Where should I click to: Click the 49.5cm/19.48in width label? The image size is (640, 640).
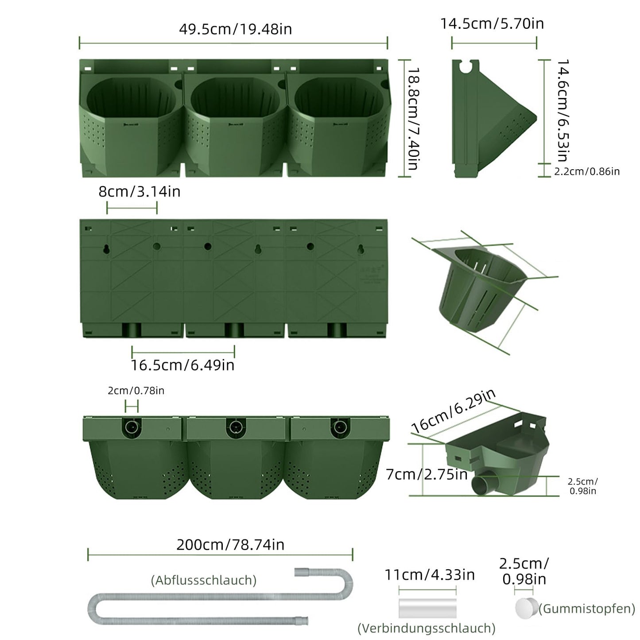[x=235, y=29]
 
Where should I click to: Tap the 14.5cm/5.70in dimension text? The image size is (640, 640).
[x=492, y=23]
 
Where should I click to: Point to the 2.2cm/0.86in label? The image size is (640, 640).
[x=587, y=171]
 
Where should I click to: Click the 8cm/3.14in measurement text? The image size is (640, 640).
[x=139, y=192]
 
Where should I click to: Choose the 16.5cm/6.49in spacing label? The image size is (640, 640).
[x=182, y=365]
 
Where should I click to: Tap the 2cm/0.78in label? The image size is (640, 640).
[x=136, y=391]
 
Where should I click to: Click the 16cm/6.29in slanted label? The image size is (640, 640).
[x=454, y=411]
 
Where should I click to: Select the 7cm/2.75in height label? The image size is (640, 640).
[x=427, y=474]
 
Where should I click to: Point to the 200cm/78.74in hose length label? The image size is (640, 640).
[x=230, y=544]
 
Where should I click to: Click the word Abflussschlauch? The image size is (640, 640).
[x=204, y=580]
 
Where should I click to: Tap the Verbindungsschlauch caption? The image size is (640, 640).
[x=426, y=628]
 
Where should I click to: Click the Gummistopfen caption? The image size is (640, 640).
[x=587, y=609]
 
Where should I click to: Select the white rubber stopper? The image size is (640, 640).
[x=526, y=608]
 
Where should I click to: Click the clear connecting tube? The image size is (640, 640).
[x=427, y=608]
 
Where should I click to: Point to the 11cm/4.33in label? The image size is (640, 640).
[x=429, y=575]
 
